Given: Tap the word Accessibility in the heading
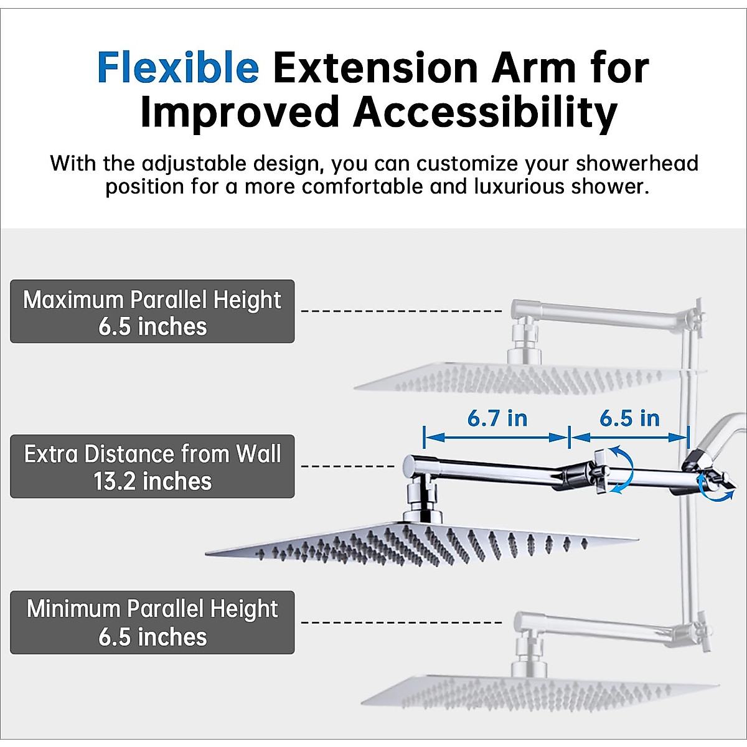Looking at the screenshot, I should pyautogui.click(x=485, y=113).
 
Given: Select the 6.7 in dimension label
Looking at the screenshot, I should pyautogui.click(x=497, y=418).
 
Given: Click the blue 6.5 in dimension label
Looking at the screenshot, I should pyautogui.click(x=629, y=418).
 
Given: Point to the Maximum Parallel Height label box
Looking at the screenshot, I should pyautogui.click(x=153, y=311).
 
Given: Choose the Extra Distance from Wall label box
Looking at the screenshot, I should pyautogui.click(x=153, y=466).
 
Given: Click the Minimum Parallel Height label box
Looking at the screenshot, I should pyautogui.click(x=153, y=622).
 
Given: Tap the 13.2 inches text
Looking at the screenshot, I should pyautogui.click(x=153, y=481).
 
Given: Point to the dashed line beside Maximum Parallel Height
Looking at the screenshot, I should pyautogui.click(x=402, y=311).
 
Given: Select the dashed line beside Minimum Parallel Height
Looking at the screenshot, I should pyautogui.click(x=402, y=622).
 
